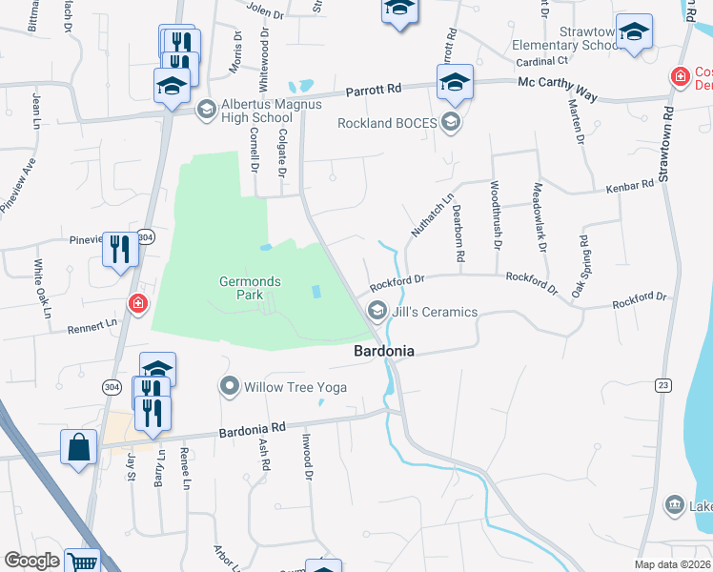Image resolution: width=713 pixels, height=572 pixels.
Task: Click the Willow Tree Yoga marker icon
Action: (x=230, y=387)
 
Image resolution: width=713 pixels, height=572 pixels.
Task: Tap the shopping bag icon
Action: (x=78, y=448)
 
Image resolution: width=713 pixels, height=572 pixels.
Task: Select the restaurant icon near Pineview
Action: (x=120, y=250)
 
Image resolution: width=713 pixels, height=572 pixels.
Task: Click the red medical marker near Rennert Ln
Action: (x=138, y=305)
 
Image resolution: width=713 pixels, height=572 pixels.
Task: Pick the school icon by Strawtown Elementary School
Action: (x=634, y=32)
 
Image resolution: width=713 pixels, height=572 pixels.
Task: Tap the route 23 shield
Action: (x=663, y=385)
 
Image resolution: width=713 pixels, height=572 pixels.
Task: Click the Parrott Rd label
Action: (x=373, y=89)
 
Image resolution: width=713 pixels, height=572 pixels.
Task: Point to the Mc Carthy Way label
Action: (x=558, y=83)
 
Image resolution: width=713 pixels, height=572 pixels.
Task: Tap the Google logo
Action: (x=31, y=561)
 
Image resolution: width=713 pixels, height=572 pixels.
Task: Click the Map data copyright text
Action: (x=672, y=564)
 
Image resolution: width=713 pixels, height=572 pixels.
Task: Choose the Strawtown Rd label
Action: (x=667, y=143)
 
